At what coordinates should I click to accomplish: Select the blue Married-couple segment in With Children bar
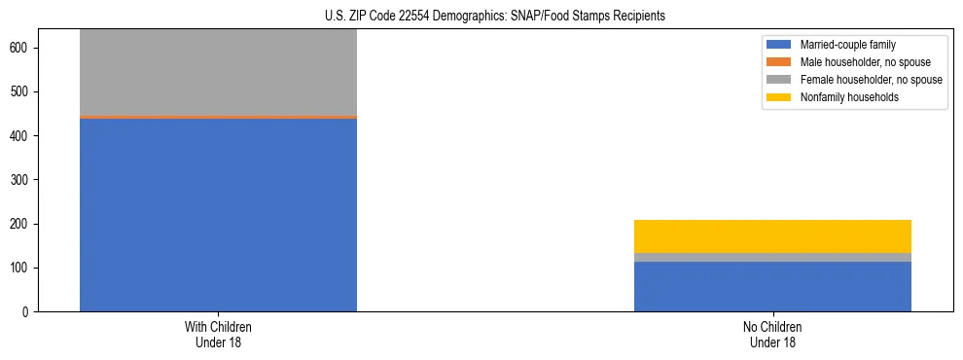point(218,214)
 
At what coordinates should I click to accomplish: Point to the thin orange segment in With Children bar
point(218,117)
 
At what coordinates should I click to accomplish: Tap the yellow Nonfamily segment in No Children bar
point(772,236)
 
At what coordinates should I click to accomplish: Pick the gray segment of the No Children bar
point(772,257)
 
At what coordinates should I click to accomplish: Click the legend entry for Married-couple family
point(847,45)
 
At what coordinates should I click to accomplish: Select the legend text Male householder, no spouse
point(865,62)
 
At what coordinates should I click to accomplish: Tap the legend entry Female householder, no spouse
point(871,80)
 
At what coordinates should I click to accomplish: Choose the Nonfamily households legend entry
point(849,97)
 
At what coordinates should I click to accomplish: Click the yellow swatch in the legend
point(779,97)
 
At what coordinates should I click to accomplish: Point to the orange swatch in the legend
point(779,62)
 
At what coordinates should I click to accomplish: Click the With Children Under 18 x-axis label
point(218,335)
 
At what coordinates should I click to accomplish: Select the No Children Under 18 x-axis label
point(772,335)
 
